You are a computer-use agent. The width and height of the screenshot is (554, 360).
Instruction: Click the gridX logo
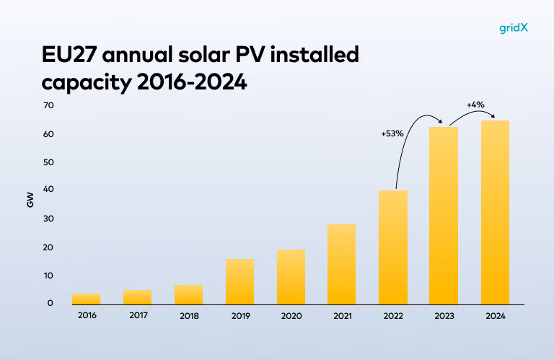[x=514, y=28]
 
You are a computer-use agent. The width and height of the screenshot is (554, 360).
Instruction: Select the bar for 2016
[x=87, y=299]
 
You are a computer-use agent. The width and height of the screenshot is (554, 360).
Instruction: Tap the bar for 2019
[x=240, y=281]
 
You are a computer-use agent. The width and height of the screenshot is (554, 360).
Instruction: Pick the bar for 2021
[x=342, y=264]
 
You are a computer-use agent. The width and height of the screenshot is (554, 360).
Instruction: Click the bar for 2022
[x=393, y=247]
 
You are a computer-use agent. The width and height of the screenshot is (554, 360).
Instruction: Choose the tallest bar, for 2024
[x=495, y=212]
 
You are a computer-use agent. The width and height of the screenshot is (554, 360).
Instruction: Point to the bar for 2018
[x=189, y=294]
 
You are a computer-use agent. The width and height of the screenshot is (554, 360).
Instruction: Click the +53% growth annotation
[x=392, y=133]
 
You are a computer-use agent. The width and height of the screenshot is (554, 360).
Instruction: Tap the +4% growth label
[x=475, y=105]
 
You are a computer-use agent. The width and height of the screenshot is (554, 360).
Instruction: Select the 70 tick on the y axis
[x=49, y=105]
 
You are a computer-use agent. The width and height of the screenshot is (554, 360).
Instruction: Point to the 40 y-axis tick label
[x=49, y=189]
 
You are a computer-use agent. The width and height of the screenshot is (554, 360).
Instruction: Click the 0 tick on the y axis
[x=50, y=303]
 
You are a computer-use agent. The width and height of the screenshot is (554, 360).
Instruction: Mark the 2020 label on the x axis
[x=291, y=316]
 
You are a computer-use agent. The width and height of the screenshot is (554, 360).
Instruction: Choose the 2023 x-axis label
[x=444, y=316]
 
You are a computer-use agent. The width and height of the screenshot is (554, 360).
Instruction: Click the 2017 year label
[x=138, y=315]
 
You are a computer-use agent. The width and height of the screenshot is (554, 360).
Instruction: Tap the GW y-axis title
[x=30, y=200]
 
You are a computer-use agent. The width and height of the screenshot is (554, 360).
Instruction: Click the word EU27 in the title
[x=69, y=55]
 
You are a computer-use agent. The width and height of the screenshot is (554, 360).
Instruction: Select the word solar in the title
[x=204, y=55]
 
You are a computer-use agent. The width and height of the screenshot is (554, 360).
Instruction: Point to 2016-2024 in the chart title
[x=192, y=82]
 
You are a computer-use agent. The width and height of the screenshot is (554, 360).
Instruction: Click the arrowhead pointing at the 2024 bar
[x=493, y=116]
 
